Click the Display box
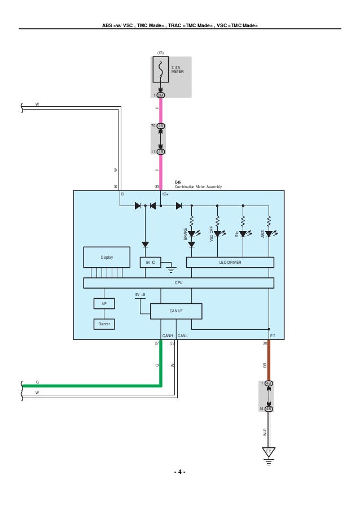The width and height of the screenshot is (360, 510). coord(107,257)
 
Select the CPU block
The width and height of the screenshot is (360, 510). coord(178,283)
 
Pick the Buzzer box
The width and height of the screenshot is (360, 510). coord(104,324)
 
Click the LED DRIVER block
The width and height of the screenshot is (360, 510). coord(230,263)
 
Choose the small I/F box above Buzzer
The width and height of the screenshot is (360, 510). coord(104,304)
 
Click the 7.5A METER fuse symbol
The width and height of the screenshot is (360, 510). coord(161,69)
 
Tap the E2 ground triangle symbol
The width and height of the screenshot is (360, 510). coord(269,452)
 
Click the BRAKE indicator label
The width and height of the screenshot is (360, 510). coord(185,234)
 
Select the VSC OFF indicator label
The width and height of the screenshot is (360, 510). coord(212,233)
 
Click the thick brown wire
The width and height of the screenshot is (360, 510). coord(269,361)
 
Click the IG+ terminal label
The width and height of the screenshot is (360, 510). coord(165,194)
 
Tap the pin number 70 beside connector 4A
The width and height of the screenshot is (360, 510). coord(153,125)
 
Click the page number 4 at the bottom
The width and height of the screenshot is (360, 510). coord(180,472)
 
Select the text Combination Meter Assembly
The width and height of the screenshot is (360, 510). coord(199,186)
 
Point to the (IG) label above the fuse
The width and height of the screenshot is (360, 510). coord(160,53)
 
